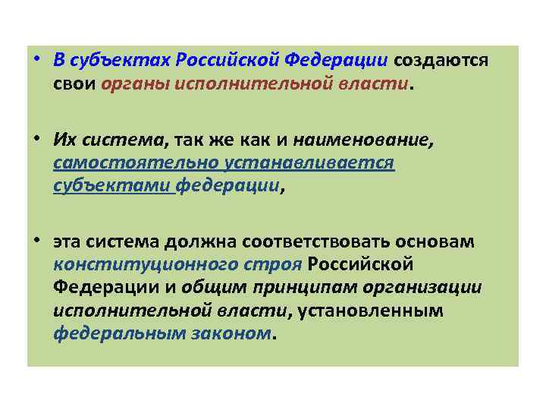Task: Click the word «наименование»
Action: point(341,140)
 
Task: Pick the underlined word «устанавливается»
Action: point(306,162)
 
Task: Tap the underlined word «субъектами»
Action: point(114,185)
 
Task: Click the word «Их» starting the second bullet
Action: point(64,140)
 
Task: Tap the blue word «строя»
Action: point(276,265)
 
